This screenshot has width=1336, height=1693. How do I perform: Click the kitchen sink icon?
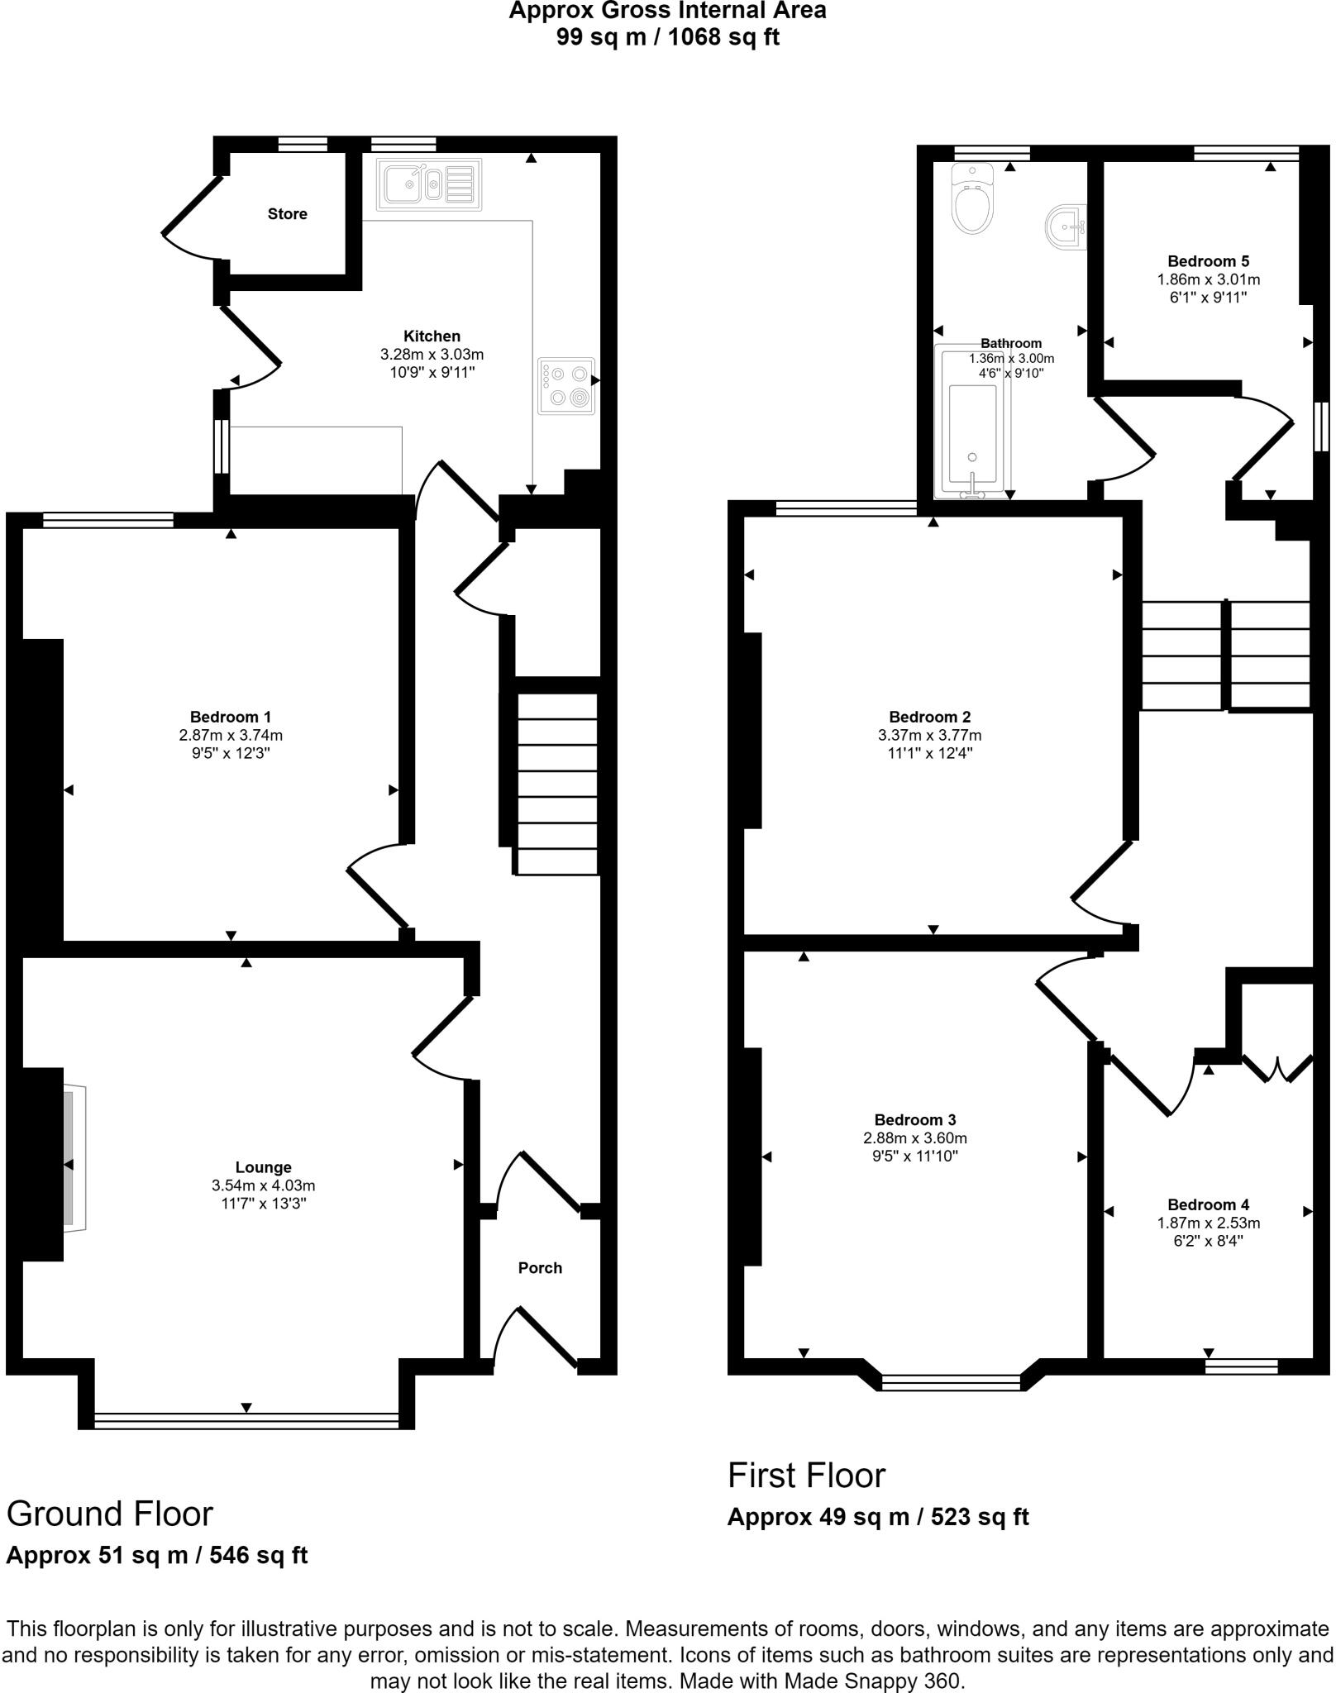coord(428,184)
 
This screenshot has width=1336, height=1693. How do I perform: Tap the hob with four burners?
coord(566,385)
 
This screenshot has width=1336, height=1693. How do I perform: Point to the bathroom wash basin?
coord(1066,228)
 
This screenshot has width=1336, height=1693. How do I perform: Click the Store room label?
coord(287,214)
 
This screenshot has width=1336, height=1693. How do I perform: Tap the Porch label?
coord(540,1268)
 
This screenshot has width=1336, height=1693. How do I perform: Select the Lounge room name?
coord(263,1167)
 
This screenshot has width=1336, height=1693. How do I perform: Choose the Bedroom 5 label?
coord(1208,261)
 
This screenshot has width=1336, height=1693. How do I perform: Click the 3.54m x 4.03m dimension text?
coord(263,1185)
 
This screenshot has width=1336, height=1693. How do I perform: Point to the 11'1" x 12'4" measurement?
coord(929,753)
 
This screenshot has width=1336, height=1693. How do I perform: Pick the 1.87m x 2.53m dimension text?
coord(1208,1223)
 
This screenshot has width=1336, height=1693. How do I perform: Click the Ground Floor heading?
coord(109,1514)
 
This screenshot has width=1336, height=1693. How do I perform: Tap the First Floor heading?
coord(806,1476)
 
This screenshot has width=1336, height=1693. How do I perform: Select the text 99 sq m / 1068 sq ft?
coord(667,37)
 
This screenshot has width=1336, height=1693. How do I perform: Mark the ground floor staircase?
coord(556,783)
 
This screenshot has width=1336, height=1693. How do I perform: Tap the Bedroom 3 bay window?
coord(951,1378)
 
